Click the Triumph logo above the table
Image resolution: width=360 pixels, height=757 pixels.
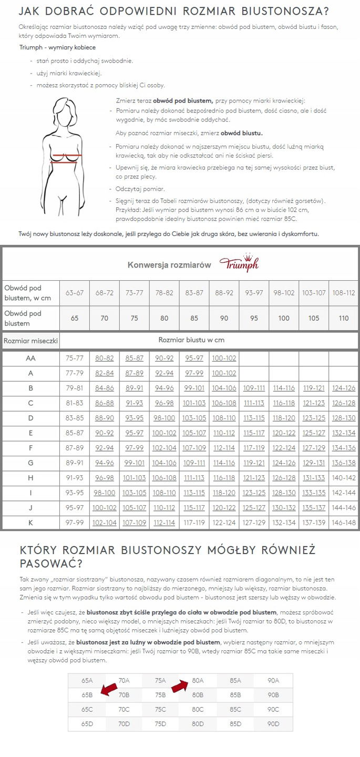click(238, 264)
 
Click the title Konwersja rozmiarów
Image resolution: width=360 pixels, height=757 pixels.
click(169, 264)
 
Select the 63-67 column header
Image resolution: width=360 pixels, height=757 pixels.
click(74, 292)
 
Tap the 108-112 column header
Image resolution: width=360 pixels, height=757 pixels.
click(344, 292)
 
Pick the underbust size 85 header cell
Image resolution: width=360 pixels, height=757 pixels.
click(194, 318)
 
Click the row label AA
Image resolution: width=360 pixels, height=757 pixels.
click(30, 358)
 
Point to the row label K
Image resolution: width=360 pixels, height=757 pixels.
click(30, 523)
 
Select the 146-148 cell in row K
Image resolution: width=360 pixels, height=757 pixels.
click(344, 523)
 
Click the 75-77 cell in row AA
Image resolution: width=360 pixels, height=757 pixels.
click(74, 358)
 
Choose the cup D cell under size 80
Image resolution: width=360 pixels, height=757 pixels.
click(164, 418)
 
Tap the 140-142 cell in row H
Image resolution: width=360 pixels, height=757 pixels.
click(344, 478)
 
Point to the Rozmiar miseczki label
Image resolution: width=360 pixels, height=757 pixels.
click(30, 341)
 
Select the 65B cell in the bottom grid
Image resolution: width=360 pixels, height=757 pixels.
click(87, 694)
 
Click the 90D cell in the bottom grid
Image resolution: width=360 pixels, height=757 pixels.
click(273, 724)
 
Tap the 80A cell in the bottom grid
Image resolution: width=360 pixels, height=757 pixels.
click(198, 680)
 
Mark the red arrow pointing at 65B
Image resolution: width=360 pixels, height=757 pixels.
click(109, 689)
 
